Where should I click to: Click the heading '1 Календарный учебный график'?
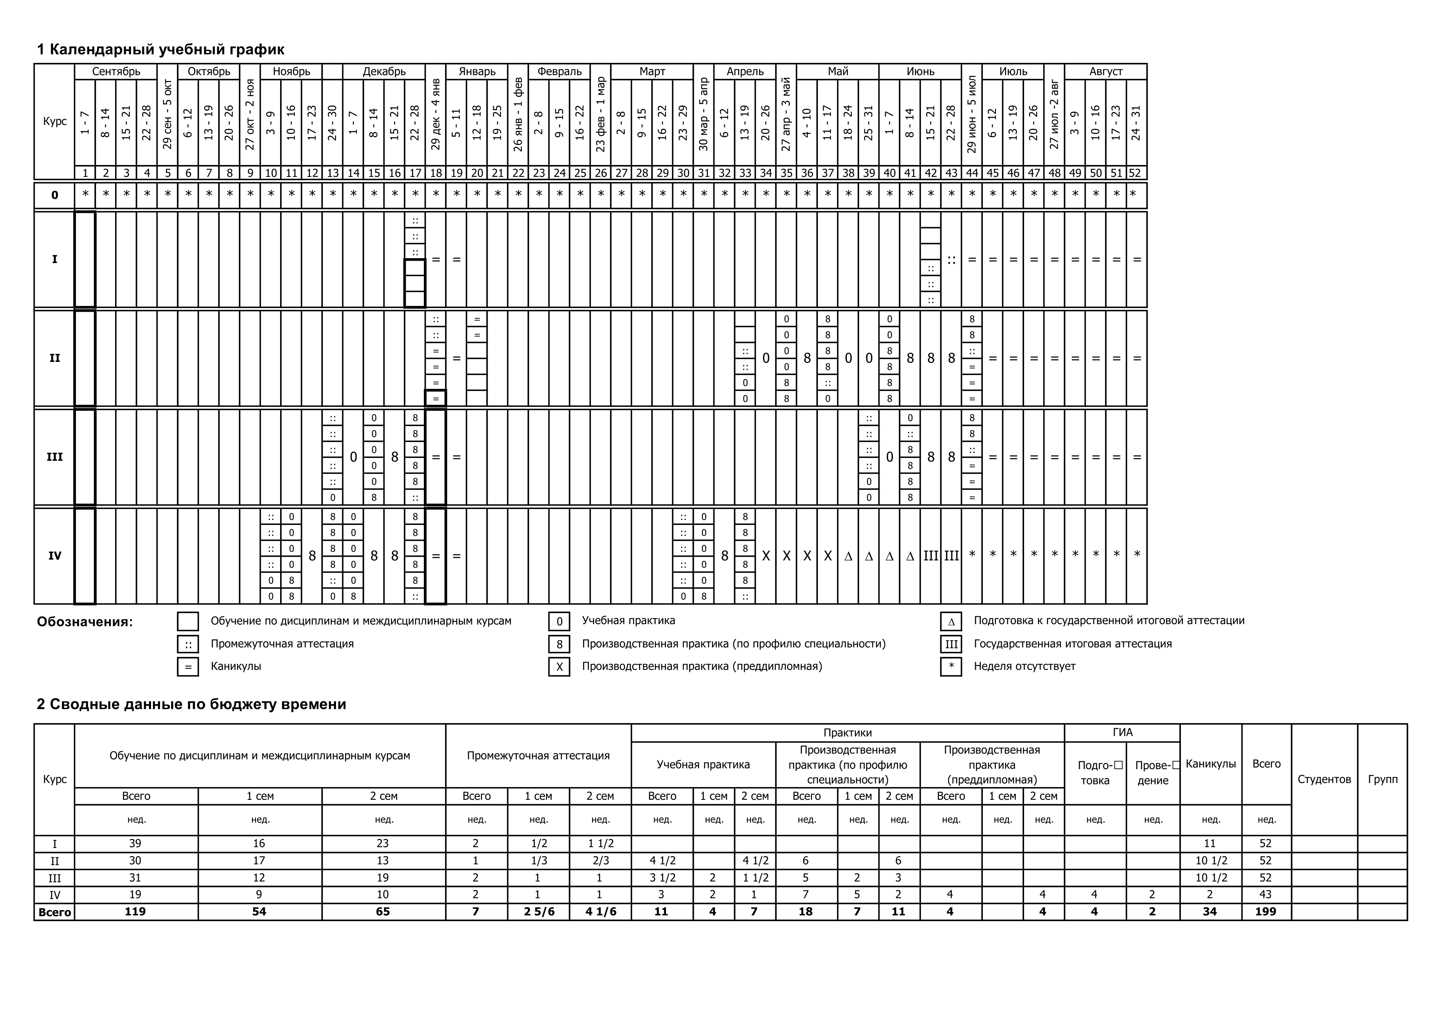click(x=160, y=49)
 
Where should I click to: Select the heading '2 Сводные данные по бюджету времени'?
click(x=192, y=704)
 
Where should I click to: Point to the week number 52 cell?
click(x=1136, y=173)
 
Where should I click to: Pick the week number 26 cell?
click(x=601, y=173)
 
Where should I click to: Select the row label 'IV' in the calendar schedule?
click(x=55, y=556)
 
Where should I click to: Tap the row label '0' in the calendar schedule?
click(x=55, y=195)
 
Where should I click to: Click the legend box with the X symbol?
click(x=559, y=667)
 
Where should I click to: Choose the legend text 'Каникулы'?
click(x=236, y=666)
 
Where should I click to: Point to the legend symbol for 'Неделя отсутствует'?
click(x=951, y=667)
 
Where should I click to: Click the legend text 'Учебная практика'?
click(x=628, y=620)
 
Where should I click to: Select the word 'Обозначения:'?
click(x=85, y=622)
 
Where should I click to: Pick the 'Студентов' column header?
click(x=1324, y=779)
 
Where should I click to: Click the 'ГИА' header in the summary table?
click(x=1122, y=733)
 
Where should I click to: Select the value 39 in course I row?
click(x=135, y=844)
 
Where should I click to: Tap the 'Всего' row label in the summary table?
click(x=55, y=913)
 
